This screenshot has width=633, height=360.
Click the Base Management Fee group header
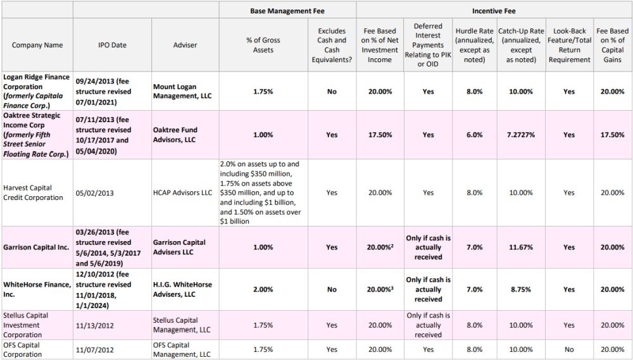[x=287, y=11]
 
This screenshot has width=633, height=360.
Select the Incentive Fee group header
[x=494, y=11]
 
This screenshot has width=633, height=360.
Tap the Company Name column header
[x=37, y=45]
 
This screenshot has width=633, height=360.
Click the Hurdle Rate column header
[x=474, y=45]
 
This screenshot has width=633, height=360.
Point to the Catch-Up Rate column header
[x=521, y=45]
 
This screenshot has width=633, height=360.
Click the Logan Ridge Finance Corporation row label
[x=37, y=92]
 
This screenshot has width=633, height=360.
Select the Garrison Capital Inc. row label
[x=36, y=247]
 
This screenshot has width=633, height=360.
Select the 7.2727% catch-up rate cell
[x=521, y=135]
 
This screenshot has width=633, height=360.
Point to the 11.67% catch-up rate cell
[x=521, y=247]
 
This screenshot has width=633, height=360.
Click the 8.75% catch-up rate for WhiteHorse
[x=521, y=289]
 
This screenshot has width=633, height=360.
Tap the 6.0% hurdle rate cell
[x=474, y=135]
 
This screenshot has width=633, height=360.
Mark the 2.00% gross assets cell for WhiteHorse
[x=263, y=289]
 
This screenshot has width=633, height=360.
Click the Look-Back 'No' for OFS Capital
[x=569, y=349]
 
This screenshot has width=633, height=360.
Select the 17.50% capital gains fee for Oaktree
[x=612, y=135]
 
